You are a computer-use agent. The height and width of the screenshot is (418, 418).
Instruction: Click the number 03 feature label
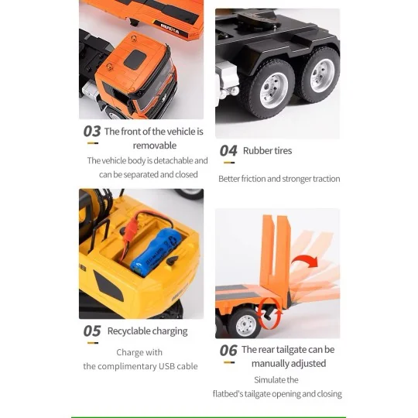92,131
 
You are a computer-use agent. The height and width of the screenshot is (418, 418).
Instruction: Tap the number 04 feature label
228,151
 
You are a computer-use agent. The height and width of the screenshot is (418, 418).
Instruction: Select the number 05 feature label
92,331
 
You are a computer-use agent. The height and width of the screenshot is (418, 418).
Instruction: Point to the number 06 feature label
228,351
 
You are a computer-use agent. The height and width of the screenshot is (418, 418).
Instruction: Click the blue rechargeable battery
156,251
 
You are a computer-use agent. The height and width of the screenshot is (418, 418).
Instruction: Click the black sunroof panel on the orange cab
135,60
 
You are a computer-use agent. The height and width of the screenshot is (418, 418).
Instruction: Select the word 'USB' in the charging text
166,366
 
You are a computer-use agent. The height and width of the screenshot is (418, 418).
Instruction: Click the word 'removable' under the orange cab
155,146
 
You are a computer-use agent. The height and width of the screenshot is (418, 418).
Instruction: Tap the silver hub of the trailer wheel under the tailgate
246,323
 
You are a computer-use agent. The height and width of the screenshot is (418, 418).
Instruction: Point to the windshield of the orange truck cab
156,85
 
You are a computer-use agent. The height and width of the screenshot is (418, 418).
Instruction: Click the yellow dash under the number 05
93,343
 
